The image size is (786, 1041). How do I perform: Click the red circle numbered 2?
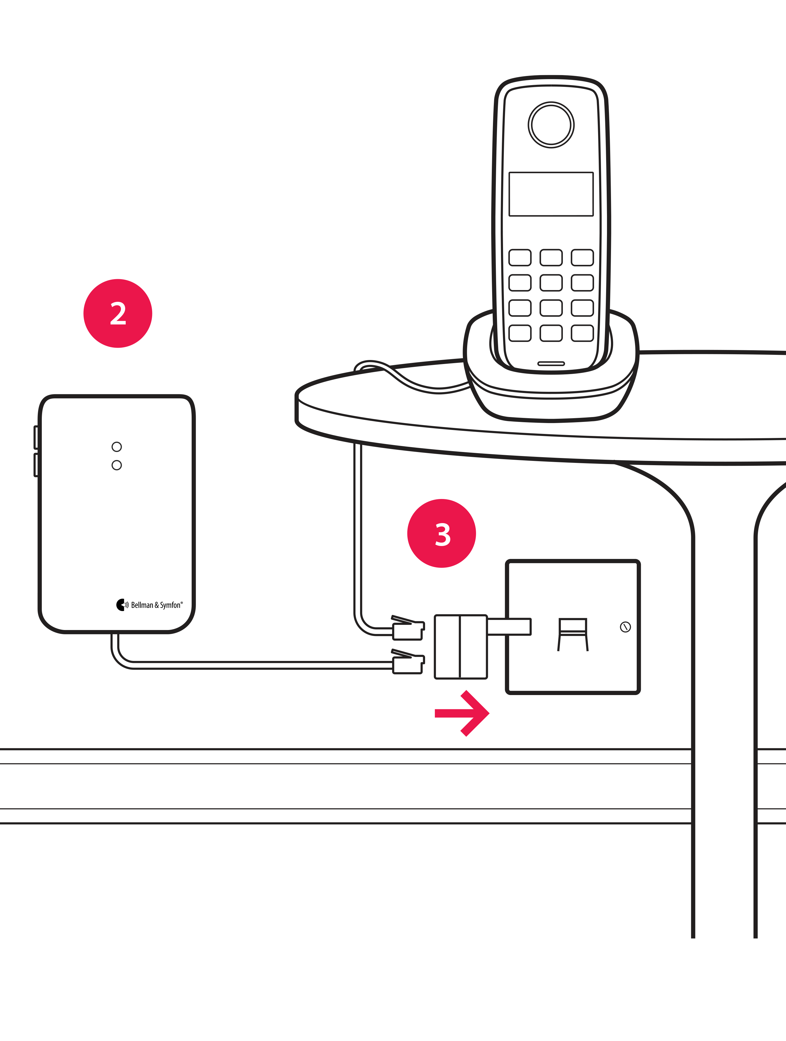click(118, 314)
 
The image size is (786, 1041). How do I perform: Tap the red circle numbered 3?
click(441, 533)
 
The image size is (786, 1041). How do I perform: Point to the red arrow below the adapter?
click(462, 713)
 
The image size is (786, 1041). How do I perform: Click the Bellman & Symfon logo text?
click(156, 605)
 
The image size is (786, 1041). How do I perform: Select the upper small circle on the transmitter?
click(117, 447)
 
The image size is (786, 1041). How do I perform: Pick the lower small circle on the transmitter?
click(117, 465)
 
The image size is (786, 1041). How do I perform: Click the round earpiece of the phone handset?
click(551, 125)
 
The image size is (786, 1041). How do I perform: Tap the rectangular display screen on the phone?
click(551, 194)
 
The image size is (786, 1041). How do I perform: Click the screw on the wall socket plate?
click(625, 627)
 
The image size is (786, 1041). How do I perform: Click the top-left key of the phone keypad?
click(520, 257)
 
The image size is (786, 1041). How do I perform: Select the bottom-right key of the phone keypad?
click(582, 333)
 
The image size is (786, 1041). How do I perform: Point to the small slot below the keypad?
click(551, 363)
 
